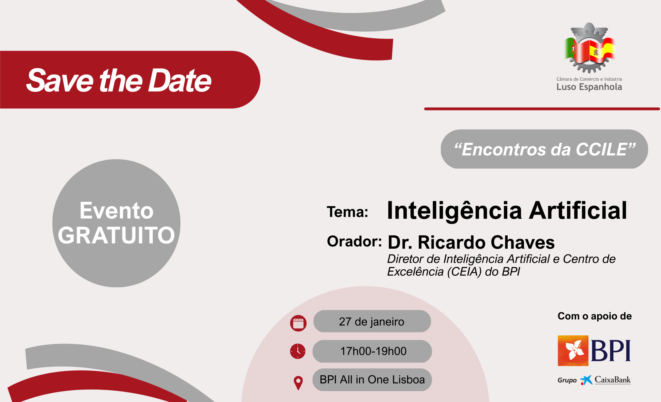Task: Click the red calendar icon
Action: [x=298, y=323]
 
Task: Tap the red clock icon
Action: [x=298, y=351]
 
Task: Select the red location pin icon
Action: [x=298, y=383]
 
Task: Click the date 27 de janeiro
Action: [x=372, y=321]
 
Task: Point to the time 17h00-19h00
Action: [x=373, y=351]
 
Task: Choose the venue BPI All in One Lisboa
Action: [x=372, y=380]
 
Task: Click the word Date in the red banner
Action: [x=179, y=80]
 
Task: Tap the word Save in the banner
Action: [x=60, y=80]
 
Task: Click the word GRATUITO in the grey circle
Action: [x=116, y=235]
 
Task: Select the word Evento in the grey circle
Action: [x=116, y=211]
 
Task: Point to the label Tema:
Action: [x=347, y=212]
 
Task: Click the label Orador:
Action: [x=354, y=241]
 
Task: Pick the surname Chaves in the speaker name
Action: [x=523, y=242]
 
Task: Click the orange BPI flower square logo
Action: [x=573, y=351]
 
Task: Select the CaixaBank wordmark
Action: [x=613, y=380]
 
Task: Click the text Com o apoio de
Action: [x=595, y=316]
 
